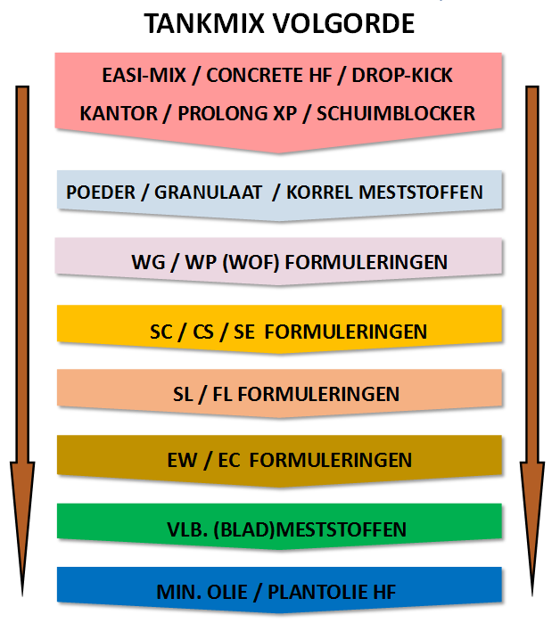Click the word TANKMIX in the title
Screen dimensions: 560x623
tap(204, 23)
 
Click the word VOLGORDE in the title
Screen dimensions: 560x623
tap(343, 23)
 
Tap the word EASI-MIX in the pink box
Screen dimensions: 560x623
tap(144, 75)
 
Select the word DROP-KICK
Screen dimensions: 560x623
tap(402, 75)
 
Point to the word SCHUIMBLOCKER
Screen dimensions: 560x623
tap(395, 113)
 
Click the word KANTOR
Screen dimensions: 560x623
tap(119, 113)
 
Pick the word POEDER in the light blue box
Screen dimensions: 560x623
tap(101, 193)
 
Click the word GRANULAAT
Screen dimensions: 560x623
tap(208, 193)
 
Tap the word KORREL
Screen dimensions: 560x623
tap(320, 193)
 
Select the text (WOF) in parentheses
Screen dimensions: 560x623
tap(251, 262)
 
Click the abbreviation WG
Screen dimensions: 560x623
tap(148, 262)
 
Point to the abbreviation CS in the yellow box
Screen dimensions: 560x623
tap(203, 332)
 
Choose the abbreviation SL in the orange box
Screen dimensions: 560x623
tap(183, 394)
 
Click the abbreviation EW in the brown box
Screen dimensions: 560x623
tap(182, 460)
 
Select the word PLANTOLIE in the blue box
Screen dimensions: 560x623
tap(317, 592)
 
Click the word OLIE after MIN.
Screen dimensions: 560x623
tap(226, 592)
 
